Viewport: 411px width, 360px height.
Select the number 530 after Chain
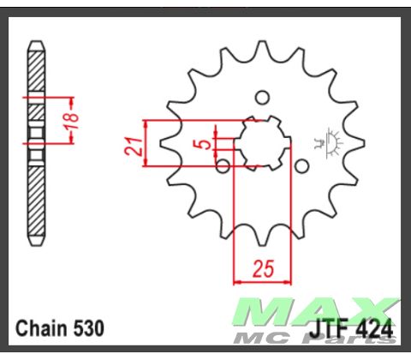point(88,328)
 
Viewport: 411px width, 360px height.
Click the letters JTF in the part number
point(330,328)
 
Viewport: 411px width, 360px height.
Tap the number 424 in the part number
point(374,328)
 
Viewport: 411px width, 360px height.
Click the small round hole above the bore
point(263,96)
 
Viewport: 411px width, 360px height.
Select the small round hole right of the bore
point(301,165)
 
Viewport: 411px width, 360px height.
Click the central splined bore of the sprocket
point(261,142)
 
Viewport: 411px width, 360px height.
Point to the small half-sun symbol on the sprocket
point(328,140)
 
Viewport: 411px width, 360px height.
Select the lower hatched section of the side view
point(35,201)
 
